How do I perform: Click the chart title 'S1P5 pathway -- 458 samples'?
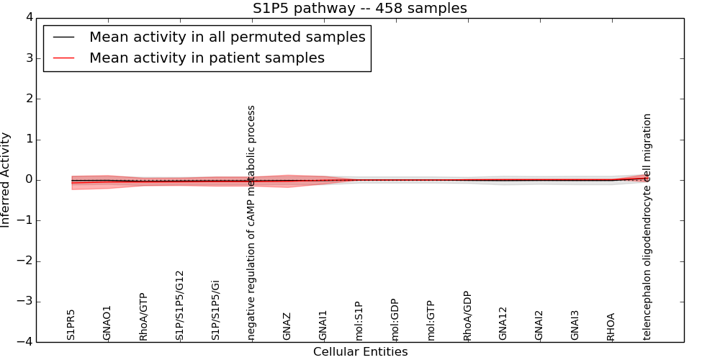(359, 9)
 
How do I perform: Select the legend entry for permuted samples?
(227, 37)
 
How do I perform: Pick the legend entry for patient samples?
(207, 58)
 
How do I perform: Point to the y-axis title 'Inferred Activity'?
(6, 180)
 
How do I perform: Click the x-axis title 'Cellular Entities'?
(360, 352)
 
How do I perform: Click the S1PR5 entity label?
(71, 324)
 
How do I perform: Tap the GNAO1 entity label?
(107, 323)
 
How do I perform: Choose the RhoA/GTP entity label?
(143, 317)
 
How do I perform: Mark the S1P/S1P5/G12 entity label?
(180, 305)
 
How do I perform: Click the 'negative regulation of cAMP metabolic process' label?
(251, 223)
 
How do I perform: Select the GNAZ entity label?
(287, 326)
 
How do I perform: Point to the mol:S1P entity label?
(359, 321)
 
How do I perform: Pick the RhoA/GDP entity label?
(467, 316)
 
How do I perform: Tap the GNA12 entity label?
(503, 323)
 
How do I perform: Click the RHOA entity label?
(611, 326)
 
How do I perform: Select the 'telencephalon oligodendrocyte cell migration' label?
(647, 226)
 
